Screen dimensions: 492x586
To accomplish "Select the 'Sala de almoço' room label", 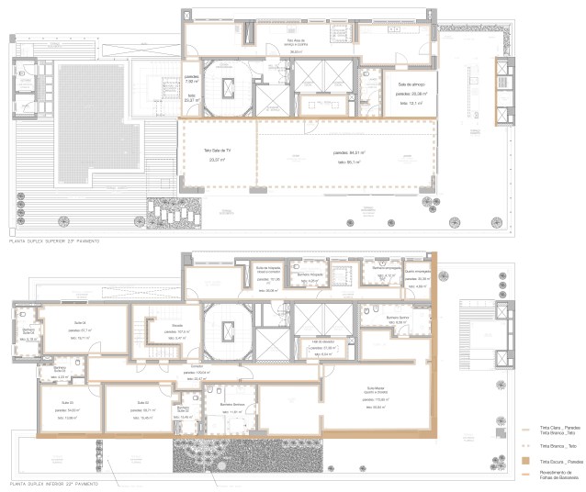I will point(409,85).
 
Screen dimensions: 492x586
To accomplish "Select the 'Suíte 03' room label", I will point(67,402).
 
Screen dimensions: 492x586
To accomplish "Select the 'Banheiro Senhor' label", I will point(397,317).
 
